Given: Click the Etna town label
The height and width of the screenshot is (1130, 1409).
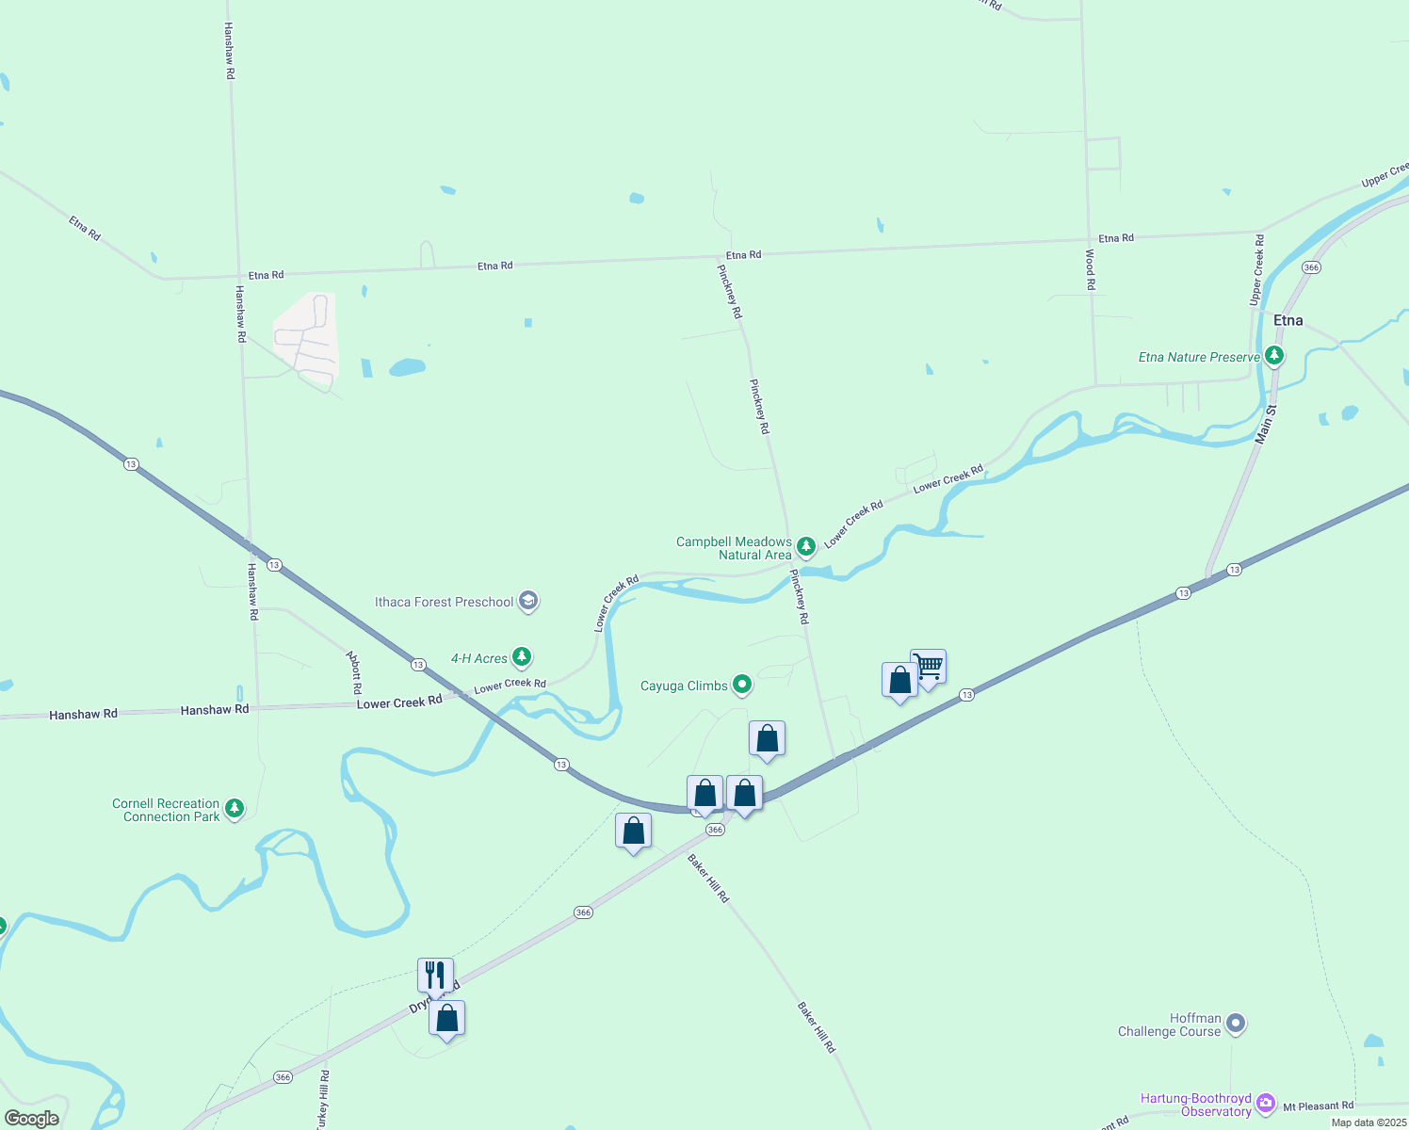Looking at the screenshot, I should (x=1288, y=320).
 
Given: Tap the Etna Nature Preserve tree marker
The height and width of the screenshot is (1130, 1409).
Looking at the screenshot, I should (x=1274, y=356).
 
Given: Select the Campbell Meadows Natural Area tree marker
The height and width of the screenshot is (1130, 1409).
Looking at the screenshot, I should (x=805, y=546).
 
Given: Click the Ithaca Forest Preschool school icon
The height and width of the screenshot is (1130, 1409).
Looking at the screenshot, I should (x=528, y=601).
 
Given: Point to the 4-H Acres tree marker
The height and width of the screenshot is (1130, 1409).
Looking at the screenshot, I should (x=521, y=657).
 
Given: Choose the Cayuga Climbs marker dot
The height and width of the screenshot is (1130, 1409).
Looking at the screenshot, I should (x=742, y=685).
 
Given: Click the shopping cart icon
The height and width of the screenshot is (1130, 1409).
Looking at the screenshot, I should (x=929, y=667).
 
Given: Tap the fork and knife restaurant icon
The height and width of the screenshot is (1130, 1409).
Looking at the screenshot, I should (x=435, y=975).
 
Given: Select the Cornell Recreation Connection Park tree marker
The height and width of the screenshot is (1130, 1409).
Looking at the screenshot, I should (x=235, y=808).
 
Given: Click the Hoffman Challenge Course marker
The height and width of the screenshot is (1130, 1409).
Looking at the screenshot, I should (x=1237, y=1023).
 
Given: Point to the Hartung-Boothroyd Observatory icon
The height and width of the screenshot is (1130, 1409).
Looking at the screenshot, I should (x=1265, y=1103).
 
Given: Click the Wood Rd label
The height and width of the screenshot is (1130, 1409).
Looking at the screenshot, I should (x=1090, y=269).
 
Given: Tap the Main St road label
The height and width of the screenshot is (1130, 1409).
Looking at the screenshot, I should (x=1265, y=425).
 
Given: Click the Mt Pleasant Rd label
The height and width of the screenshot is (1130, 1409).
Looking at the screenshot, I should (x=1318, y=1106).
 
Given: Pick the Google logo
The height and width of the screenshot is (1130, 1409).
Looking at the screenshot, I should (x=32, y=1119).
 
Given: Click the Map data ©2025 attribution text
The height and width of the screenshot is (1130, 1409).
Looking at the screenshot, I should (x=1369, y=1122).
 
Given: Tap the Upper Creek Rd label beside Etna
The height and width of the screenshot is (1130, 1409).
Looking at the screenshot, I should (x=1256, y=270).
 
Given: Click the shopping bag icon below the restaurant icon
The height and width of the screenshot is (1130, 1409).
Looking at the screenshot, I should (x=447, y=1018).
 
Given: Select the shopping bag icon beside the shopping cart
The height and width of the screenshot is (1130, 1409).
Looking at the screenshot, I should (x=899, y=680).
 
